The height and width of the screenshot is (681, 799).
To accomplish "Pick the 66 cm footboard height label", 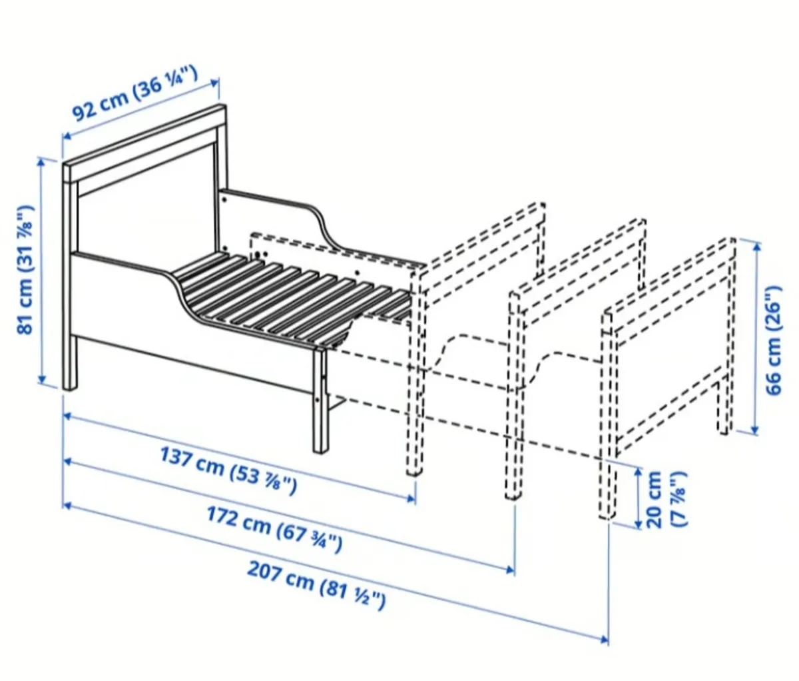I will pos(772,340).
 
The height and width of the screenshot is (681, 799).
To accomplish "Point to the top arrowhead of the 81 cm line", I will pos(42,161).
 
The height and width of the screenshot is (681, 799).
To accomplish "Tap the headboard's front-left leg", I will pos(70,360).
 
